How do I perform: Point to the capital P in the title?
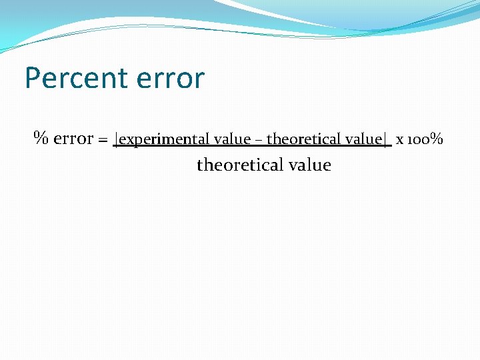[33, 79]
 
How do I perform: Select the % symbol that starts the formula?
[41, 139]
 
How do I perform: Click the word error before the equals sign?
[73, 139]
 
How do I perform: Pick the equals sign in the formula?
[103, 140]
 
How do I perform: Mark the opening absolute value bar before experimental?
[116, 140]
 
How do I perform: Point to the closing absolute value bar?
[385, 140]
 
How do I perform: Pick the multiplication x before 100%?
[399, 141]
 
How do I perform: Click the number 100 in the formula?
[417, 140]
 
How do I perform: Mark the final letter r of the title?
[199, 81]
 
